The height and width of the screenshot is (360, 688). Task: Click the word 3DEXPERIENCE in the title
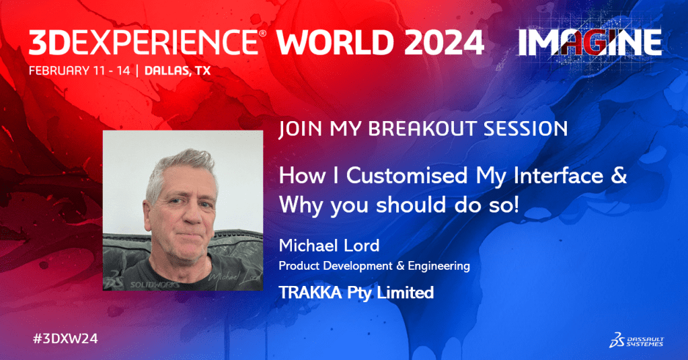(143, 42)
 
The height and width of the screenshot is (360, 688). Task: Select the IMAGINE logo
(590, 43)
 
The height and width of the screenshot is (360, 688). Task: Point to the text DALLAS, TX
(178, 71)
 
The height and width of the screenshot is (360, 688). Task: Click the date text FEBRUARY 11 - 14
(79, 71)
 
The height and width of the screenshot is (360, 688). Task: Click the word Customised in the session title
(407, 176)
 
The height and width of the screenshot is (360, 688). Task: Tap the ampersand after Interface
(618, 176)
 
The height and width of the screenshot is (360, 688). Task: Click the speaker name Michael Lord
(329, 246)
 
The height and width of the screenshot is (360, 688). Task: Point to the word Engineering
(438, 266)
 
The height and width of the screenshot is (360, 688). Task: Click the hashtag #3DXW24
(65, 338)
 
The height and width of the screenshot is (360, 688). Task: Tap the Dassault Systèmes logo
(636, 340)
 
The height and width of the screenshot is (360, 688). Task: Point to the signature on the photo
(235, 277)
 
